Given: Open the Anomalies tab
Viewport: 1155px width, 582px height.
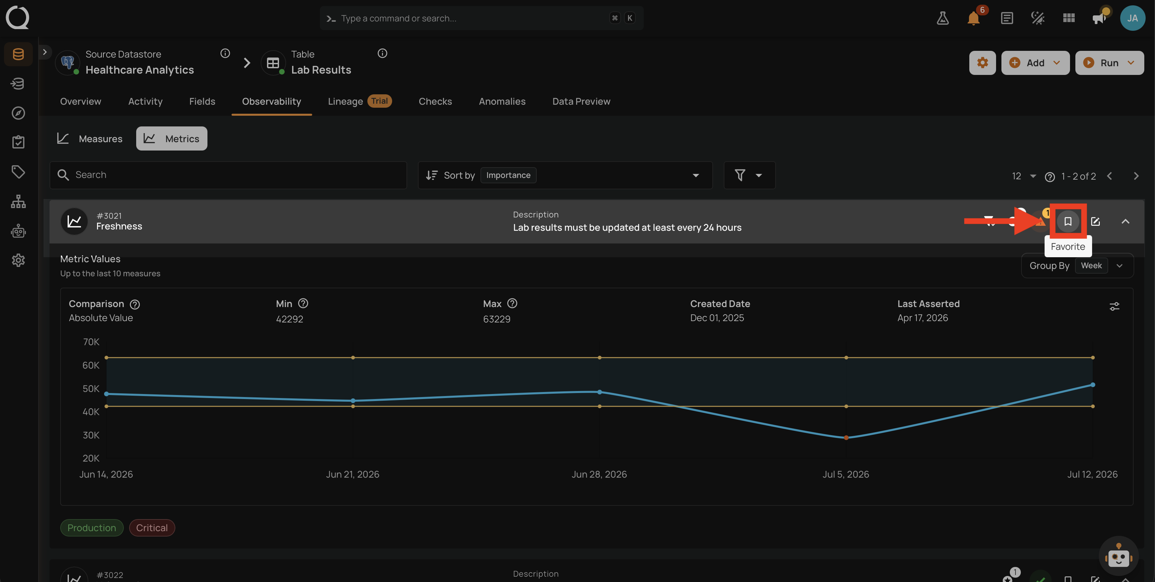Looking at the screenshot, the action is [502, 101].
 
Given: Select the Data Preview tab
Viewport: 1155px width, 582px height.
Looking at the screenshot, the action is [581, 101].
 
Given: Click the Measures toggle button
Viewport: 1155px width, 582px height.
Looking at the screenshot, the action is [90, 138].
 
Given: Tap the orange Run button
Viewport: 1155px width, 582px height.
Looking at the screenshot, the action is [1109, 63].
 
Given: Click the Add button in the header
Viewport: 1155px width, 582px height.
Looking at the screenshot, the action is [1035, 63].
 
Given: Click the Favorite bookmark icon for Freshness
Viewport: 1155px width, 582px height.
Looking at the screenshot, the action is [1068, 221].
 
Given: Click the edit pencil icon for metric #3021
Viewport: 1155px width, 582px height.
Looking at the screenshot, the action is [1095, 221].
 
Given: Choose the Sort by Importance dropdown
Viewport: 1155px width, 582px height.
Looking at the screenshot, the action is [565, 175].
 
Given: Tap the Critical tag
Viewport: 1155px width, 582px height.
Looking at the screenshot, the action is [152, 528].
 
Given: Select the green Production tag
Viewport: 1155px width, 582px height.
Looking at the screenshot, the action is [92, 528].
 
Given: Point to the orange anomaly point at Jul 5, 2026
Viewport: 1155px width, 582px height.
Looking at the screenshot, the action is [846, 438].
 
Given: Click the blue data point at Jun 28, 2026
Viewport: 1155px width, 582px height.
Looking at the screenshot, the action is [600, 392].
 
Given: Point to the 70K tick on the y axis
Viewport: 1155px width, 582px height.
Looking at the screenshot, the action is [91, 342].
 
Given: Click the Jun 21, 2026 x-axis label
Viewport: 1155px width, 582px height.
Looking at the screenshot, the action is [352, 474].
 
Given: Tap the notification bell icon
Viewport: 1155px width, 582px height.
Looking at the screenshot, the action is [973, 18].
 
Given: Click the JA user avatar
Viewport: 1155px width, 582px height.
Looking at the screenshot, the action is [1133, 18].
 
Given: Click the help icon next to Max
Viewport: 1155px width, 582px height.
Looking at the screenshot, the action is [512, 304].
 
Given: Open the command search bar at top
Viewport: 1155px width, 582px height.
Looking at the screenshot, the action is [481, 18].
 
